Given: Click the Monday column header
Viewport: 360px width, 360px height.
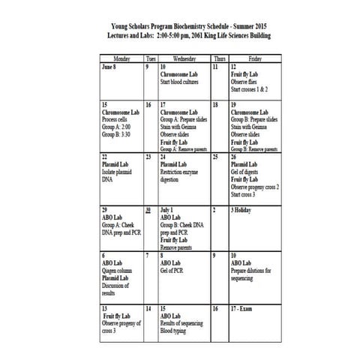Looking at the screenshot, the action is pos(121,58).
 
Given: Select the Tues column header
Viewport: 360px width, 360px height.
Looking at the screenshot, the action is pos(150,58).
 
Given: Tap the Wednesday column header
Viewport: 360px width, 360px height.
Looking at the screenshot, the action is pos(184,58).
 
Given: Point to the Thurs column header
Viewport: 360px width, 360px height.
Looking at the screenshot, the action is pos(217,58).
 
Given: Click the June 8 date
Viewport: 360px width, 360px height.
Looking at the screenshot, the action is pos(109,67).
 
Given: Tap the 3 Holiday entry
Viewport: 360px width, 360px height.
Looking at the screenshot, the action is pos(245,210).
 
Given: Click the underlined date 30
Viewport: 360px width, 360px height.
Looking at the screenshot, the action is pos(149,210).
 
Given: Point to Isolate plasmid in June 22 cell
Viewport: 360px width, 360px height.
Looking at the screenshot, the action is pos(120,172).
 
